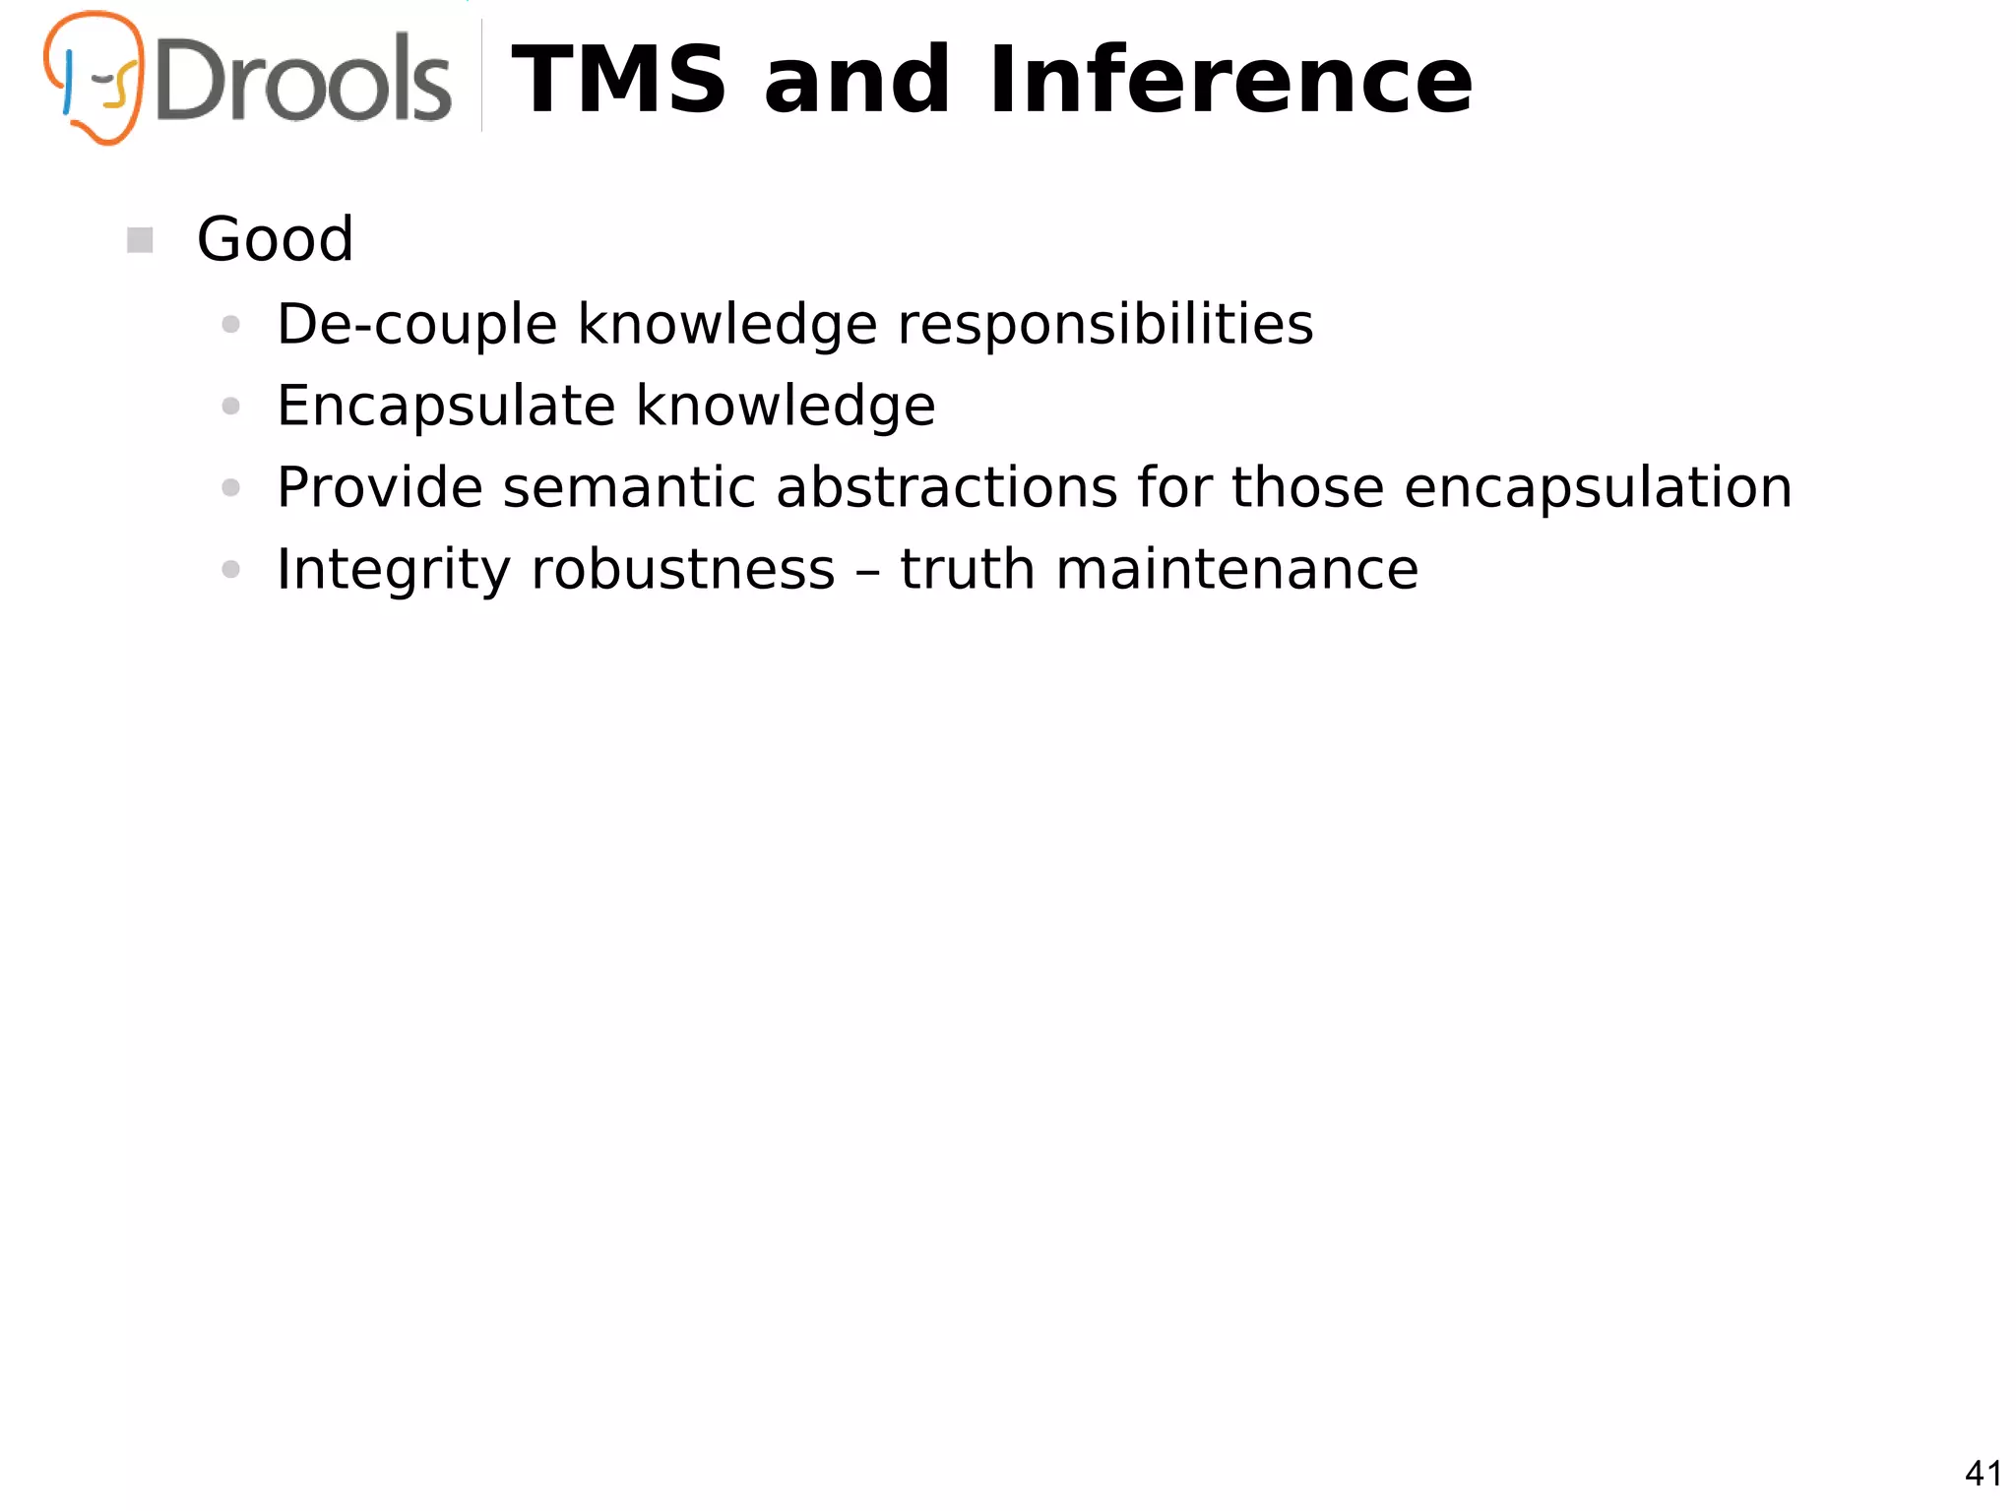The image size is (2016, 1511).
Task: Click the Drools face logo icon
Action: point(94,78)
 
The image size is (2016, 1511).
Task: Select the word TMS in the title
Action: point(619,80)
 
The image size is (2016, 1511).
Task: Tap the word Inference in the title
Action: point(1230,80)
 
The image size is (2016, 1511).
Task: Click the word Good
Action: point(275,239)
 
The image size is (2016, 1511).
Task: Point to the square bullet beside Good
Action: point(140,240)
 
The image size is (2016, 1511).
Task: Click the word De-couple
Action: point(416,325)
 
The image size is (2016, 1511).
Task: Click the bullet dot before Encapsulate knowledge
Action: point(231,407)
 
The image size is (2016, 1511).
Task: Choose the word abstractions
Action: point(946,487)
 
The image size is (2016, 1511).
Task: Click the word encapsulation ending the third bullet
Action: point(1597,489)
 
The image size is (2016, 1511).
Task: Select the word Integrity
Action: point(394,571)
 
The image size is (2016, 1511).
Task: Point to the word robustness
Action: point(682,570)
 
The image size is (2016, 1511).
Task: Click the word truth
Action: point(967,570)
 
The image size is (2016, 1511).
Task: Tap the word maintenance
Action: point(1236,570)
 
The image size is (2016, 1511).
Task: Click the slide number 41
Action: point(1983,1474)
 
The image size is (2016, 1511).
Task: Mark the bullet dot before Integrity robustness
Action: point(231,569)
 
